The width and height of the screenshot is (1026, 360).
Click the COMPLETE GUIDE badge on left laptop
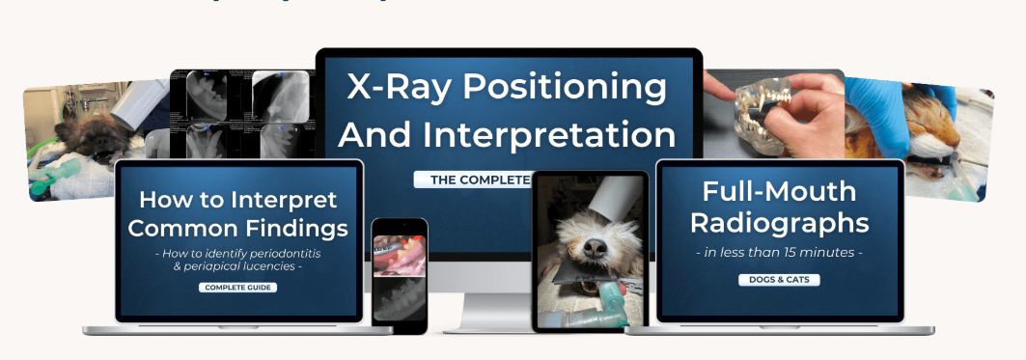point(237,287)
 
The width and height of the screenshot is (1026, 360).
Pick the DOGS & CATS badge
point(778,281)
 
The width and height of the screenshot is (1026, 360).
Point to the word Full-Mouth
point(779,191)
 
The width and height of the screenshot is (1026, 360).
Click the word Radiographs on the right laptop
point(779,223)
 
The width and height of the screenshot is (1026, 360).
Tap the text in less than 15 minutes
point(779,254)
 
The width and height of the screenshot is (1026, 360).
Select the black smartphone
point(400,275)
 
